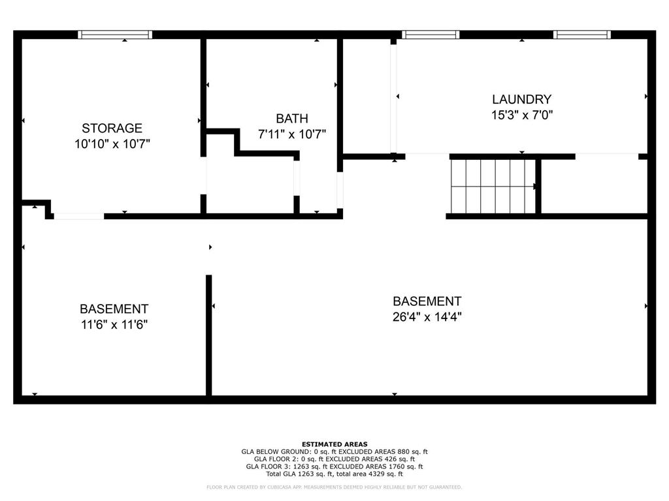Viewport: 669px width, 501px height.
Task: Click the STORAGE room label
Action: [112, 128]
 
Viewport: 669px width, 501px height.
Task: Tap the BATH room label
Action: [292, 118]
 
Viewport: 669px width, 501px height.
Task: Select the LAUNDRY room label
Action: [521, 99]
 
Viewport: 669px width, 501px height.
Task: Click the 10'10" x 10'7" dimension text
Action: [112, 144]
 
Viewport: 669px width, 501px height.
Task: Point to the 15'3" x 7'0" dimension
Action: [522, 115]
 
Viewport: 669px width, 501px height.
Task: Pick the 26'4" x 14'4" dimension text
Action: [427, 317]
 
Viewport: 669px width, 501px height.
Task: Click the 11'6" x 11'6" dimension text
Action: [114, 325]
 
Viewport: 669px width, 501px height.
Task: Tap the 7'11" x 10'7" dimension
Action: [292, 134]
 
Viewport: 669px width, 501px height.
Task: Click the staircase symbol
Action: [493, 186]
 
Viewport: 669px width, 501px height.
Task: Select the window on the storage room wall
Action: [115, 35]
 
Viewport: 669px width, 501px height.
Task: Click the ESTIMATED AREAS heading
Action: [334, 444]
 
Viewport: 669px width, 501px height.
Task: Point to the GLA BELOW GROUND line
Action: [334, 451]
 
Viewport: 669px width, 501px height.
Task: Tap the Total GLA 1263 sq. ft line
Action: [334, 474]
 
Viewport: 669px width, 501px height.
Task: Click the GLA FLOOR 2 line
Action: [334, 459]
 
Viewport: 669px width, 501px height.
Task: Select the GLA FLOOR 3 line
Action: [334, 466]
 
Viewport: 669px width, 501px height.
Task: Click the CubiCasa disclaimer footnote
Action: [334, 487]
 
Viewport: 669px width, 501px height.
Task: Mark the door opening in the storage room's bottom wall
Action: [79, 217]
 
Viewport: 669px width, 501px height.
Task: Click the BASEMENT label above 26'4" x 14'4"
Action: [427, 301]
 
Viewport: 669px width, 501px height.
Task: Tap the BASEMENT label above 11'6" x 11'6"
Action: [114, 309]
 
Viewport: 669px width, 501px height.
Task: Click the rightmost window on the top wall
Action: [582, 35]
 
